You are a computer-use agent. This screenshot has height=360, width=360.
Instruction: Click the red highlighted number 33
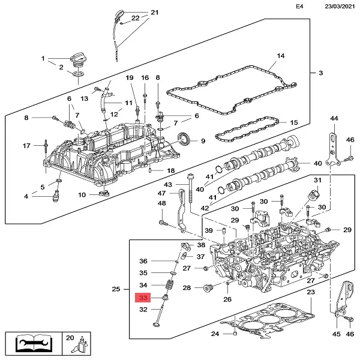[x=143, y=298]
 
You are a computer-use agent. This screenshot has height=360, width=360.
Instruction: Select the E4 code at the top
[x=300, y=7]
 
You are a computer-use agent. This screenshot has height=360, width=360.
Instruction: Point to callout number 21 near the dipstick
[x=154, y=13]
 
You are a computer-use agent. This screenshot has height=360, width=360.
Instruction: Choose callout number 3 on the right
[x=320, y=73]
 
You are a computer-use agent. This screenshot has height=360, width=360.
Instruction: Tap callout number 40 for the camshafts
[x=317, y=163]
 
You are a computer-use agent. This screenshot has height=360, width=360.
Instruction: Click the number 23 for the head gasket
[x=310, y=292]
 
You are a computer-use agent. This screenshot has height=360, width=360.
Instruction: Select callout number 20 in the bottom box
[x=69, y=338]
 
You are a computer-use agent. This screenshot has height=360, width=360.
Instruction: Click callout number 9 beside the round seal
[x=203, y=141]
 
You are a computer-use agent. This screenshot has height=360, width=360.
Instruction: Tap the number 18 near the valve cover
[x=170, y=171]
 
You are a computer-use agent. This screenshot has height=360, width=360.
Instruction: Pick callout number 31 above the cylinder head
[x=317, y=181]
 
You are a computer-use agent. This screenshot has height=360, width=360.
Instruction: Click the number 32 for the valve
[x=143, y=310]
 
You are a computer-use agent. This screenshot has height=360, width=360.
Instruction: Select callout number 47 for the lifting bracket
[x=161, y=193]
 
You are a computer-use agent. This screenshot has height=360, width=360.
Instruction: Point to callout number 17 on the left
[x=26, y=146]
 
